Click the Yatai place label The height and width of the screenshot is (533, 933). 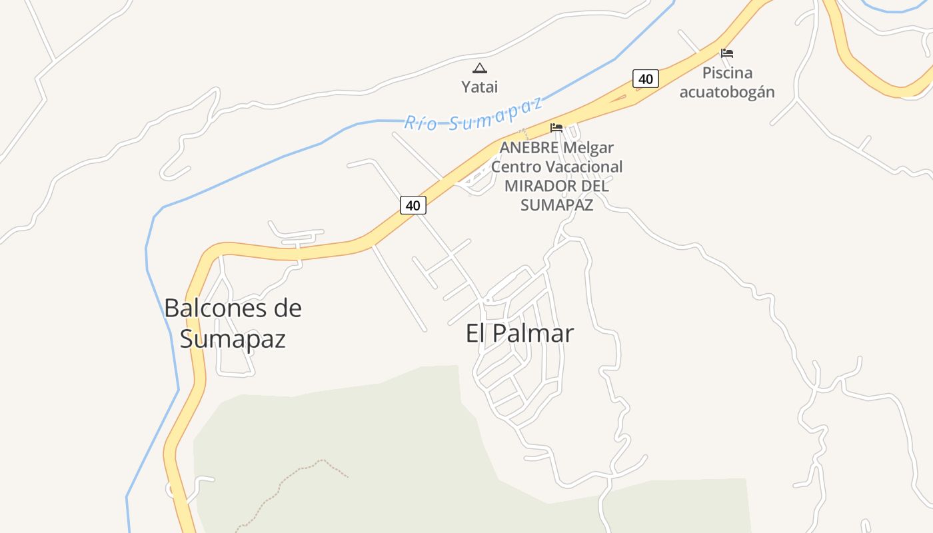point(479,87)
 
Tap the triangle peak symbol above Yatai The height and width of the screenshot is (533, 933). point(479,68)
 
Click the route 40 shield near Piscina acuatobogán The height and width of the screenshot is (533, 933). point(645,79)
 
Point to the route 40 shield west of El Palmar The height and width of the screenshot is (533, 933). point(413,205)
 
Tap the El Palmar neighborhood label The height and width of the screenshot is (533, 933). point(519,333)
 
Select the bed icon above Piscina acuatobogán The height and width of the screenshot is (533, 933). point(727,53)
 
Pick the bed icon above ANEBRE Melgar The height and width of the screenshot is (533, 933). point(556,127)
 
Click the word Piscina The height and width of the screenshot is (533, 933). point(727,73)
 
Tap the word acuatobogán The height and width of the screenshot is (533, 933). point(727,92)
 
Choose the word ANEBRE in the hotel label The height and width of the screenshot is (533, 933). point(529,147)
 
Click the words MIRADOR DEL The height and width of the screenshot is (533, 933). point(556,185)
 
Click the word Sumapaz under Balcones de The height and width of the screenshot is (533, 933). point(233,339)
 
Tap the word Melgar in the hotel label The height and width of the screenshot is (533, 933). point(588,147)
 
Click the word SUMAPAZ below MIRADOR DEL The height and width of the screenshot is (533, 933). point(556,205)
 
